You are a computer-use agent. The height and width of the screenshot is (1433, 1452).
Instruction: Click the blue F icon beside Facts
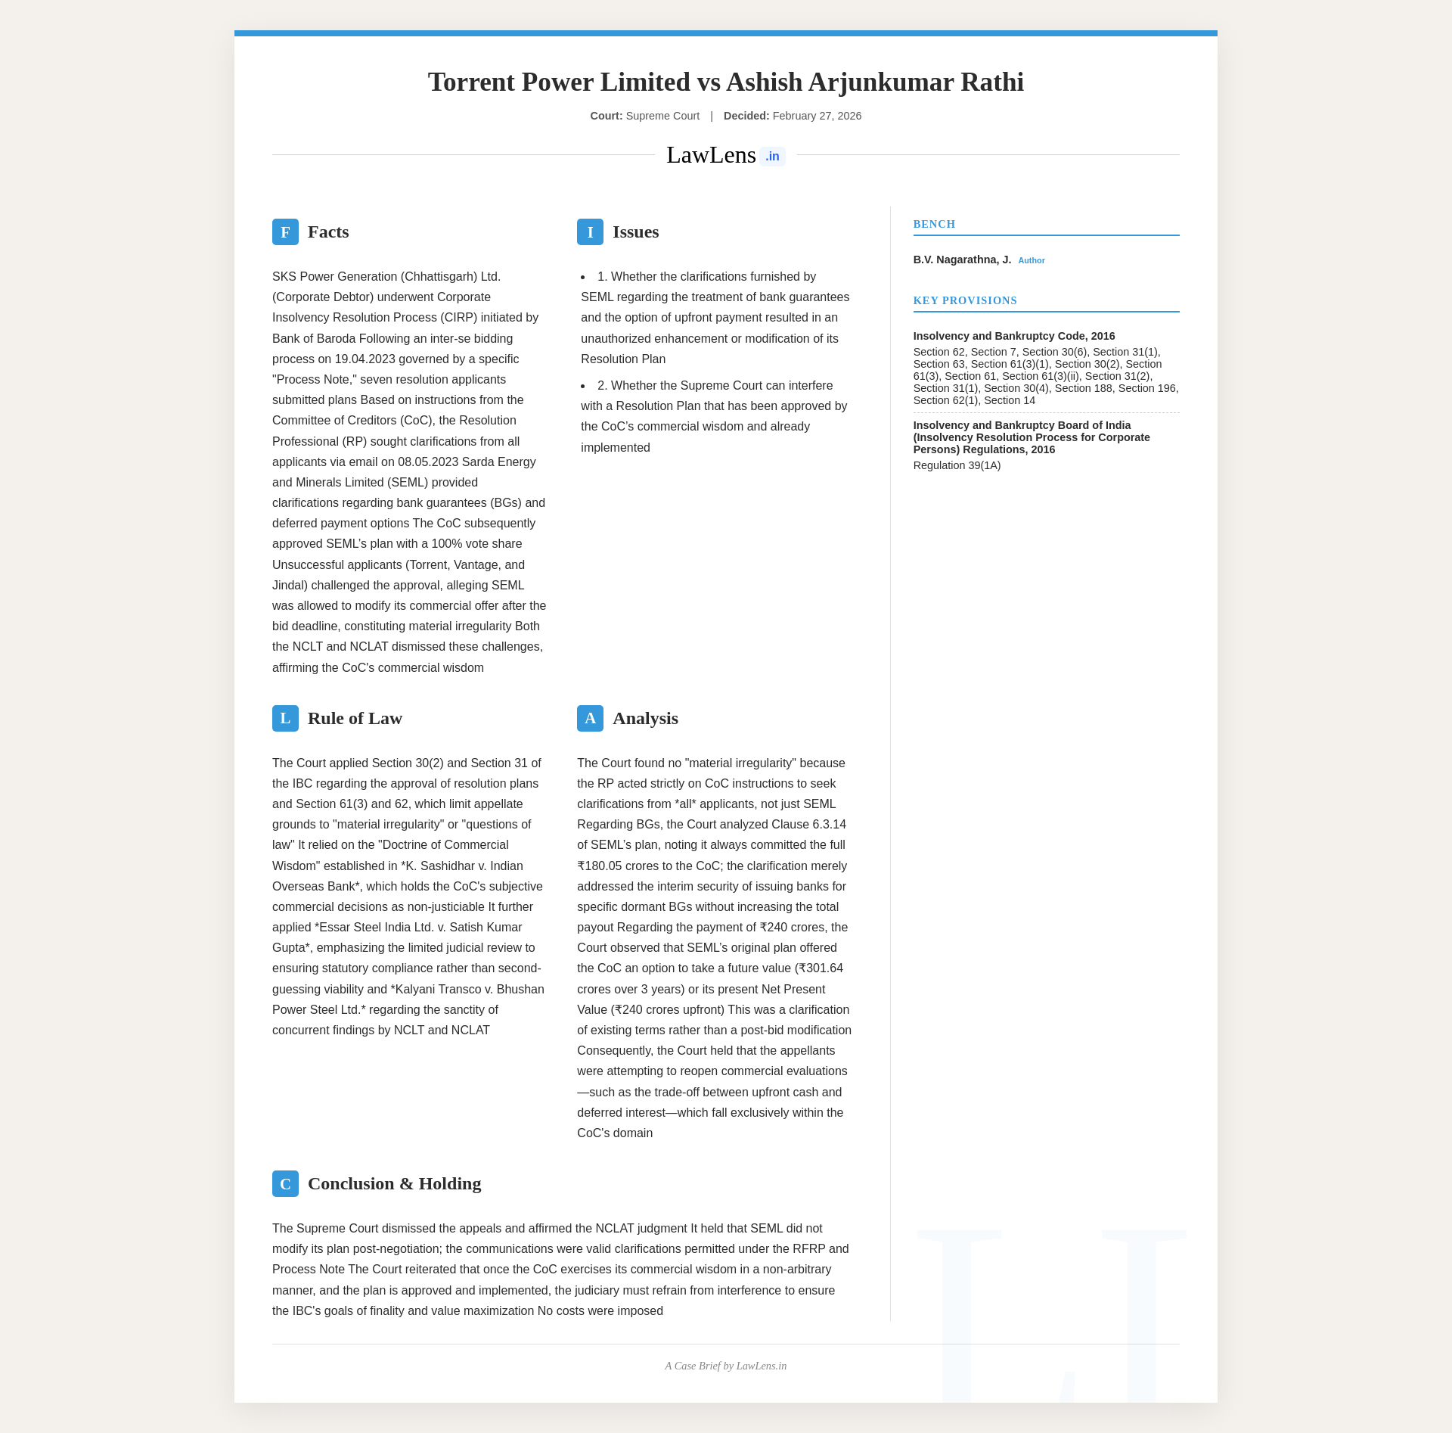tap(285, 232)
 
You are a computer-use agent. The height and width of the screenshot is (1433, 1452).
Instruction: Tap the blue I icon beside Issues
tap(590, 232)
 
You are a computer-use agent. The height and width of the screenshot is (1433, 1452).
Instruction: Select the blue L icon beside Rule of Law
tap(285, 719)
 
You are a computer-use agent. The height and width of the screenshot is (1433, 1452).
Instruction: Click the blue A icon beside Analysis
tap(590, 719)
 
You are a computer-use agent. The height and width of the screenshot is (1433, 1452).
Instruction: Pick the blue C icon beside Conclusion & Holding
tap(285, 1184)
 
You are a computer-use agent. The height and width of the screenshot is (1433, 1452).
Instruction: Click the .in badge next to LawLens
tap(772, 157)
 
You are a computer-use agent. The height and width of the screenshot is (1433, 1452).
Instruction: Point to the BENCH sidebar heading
tap(934, 225)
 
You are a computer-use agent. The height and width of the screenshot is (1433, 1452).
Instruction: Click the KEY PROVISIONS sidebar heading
tap(965, 301)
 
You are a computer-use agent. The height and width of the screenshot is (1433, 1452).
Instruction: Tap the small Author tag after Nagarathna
tap(1031, 261)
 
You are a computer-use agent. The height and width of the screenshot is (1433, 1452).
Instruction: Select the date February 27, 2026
tap(817, 117)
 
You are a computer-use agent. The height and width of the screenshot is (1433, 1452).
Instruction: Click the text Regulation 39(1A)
tap(957, 466)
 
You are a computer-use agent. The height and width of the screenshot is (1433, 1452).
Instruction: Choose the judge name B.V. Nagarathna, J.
tap(962, 260)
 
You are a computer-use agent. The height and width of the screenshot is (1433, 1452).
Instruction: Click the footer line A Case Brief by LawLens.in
tap(725, 1366)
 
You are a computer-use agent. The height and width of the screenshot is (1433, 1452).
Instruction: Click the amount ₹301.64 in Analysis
tap(820, 968)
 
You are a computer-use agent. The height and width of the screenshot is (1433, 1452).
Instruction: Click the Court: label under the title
tap(607, 117)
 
